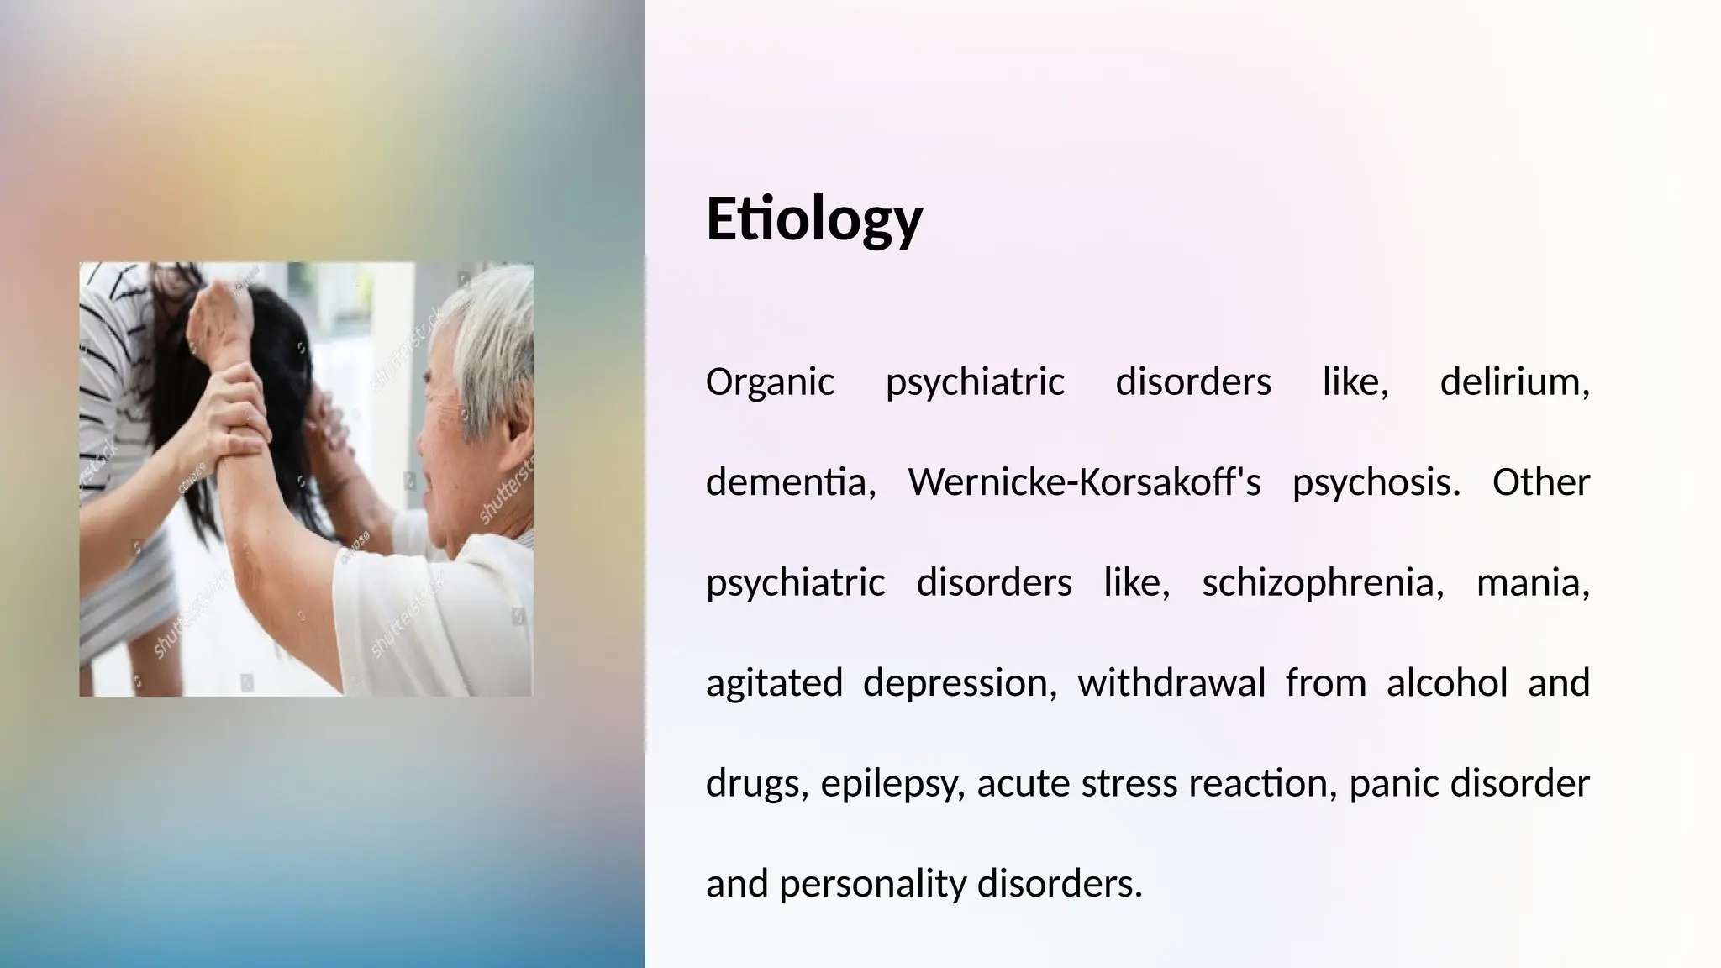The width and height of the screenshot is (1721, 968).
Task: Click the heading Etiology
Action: [x=813, y=218]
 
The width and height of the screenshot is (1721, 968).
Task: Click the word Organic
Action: [x=770, y=382]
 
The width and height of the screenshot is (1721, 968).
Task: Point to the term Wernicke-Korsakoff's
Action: [x=1084, y=482]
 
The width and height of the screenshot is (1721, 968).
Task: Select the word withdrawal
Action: [x=1171, y=682]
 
